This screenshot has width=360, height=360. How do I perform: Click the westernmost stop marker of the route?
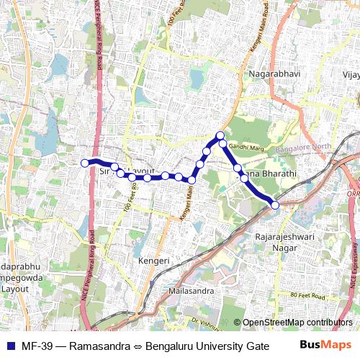tap(84, 163)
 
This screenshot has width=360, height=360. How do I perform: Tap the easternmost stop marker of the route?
tap(274, 206)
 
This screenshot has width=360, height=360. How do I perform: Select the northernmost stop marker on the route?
tap(220, 135)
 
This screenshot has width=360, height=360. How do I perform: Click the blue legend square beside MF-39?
tap(9, 346)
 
